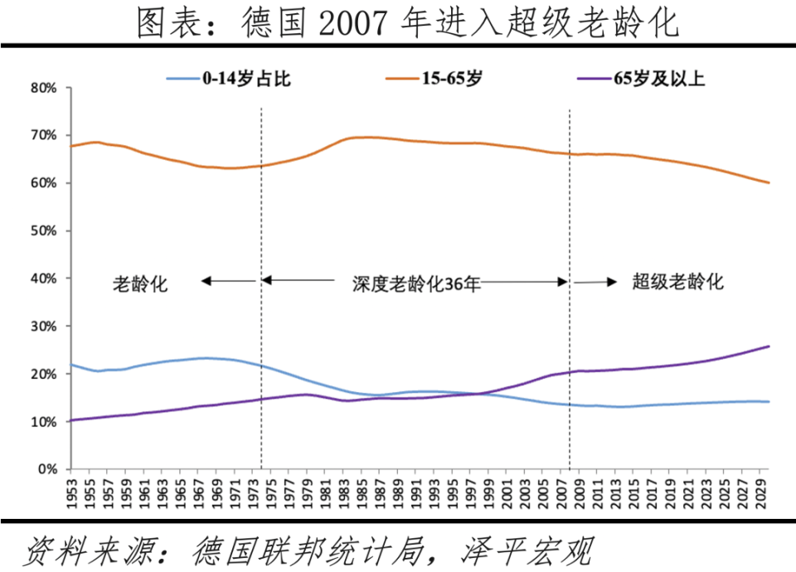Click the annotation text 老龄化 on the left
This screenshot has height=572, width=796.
point(140,284)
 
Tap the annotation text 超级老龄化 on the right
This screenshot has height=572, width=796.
point(677,282)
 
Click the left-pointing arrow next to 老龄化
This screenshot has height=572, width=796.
point(228,282)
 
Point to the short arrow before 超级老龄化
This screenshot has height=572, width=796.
point(596,283)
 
